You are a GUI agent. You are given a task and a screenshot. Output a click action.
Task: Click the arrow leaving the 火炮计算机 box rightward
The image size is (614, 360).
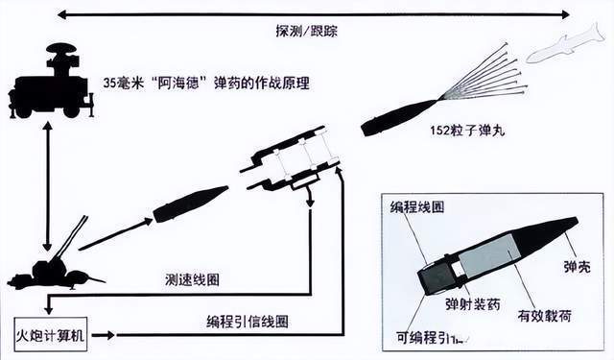pyautogui.click(x=106, y=335)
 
